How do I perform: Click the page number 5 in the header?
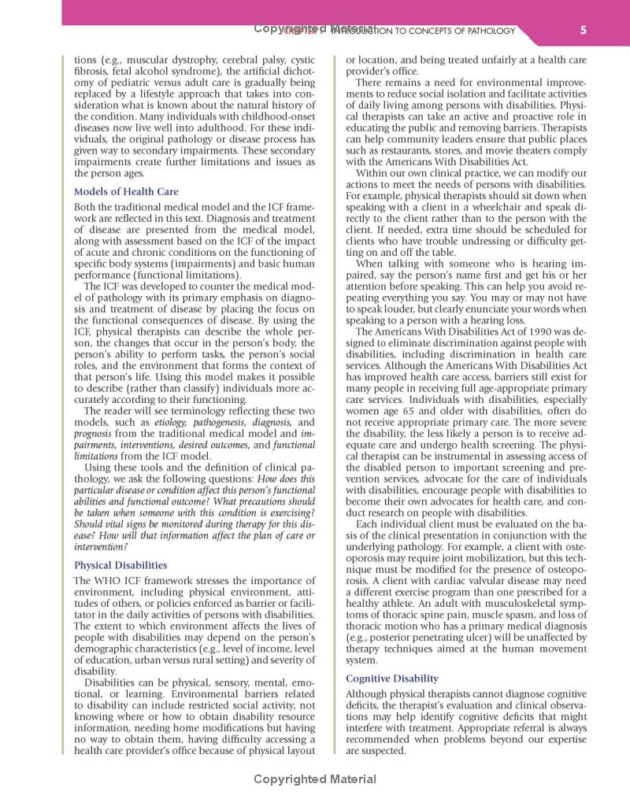(582, 31)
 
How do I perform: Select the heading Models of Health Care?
(126, 191)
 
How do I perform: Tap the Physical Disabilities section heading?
(120, 565)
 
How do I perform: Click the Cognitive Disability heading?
(392, 678)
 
